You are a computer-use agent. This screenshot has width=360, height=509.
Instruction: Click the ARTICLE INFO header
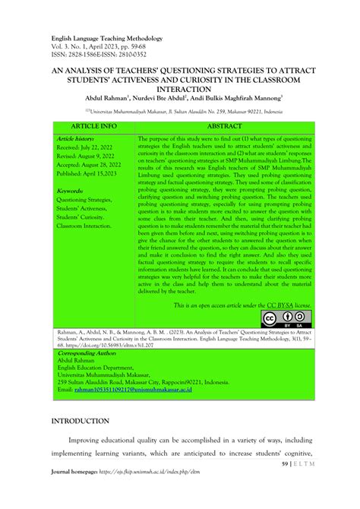tap(93, 125)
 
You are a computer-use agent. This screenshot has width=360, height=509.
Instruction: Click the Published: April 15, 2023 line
tap(94, 174)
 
